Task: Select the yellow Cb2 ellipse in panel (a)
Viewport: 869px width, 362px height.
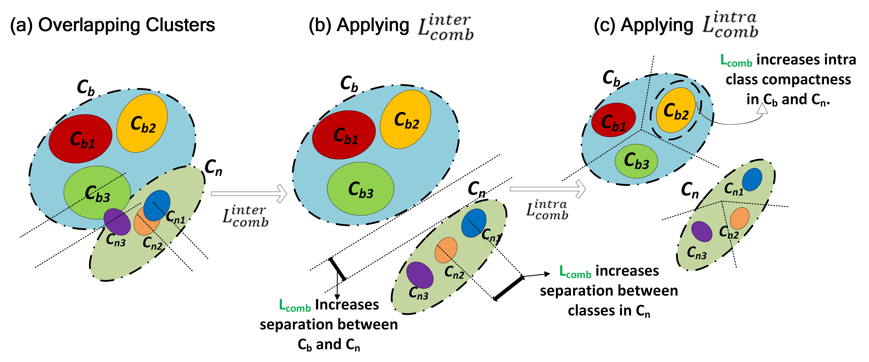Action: [142, 123]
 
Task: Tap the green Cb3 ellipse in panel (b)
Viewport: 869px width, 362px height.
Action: [360, 189]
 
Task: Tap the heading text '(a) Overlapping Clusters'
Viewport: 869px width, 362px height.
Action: [112, 25]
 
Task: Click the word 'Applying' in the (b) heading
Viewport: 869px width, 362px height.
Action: [373, 25]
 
